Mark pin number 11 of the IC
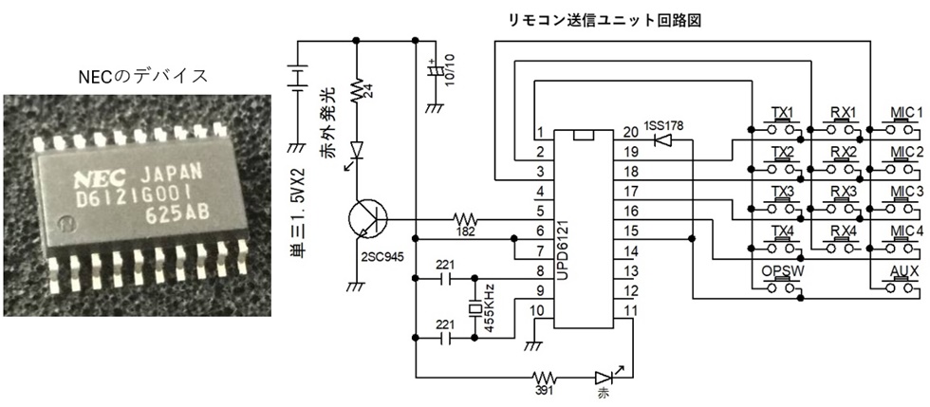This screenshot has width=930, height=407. click(x=628, y=309)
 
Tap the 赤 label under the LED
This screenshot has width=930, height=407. click(x=602, y=389)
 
